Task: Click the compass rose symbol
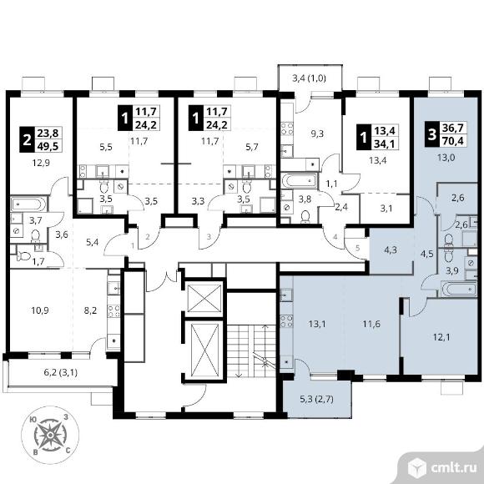coord(50,435)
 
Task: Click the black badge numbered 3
coord(432,134)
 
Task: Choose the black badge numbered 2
coord(28,139)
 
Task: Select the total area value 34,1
coord(385,144)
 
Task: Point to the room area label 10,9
coord(40,310)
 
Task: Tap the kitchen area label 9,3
coord(317,134)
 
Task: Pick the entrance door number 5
coord(358,248)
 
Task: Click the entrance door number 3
coord(209,237)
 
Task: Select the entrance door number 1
coord(133,245)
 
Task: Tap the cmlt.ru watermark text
coord(453,468)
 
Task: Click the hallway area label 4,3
coord(391,250)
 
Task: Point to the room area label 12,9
coord(41,163)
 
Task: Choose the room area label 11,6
coord(371,324)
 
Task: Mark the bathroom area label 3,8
coord(305,199)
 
